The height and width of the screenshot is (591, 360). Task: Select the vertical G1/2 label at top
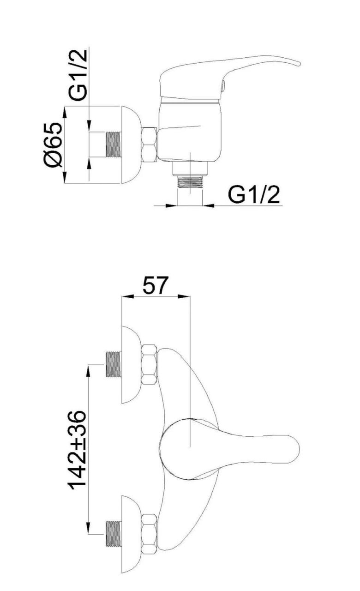78,75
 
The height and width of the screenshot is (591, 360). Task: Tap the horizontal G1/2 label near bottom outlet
254,195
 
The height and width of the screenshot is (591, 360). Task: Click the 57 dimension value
156,285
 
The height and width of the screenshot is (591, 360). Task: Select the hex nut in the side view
150,145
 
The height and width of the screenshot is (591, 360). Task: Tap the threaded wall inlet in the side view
114,145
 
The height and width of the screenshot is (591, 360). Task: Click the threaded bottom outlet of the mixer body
191,183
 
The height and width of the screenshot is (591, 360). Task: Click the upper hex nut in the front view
150,365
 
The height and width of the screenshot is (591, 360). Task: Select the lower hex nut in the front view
150,534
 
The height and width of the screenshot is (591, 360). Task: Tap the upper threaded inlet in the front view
114,365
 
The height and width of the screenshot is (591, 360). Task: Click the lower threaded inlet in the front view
114,534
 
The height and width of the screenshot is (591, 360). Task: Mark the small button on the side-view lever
222,86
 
